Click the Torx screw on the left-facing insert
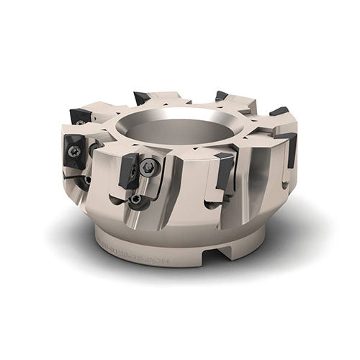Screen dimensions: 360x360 [x=75, y=151]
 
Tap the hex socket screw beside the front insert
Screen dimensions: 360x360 [x=148, y=167]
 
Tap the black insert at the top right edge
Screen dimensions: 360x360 [x=279, y=112]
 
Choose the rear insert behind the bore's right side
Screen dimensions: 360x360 [x=221, y=96]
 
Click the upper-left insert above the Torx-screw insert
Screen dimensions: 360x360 [x=81, y=116]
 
